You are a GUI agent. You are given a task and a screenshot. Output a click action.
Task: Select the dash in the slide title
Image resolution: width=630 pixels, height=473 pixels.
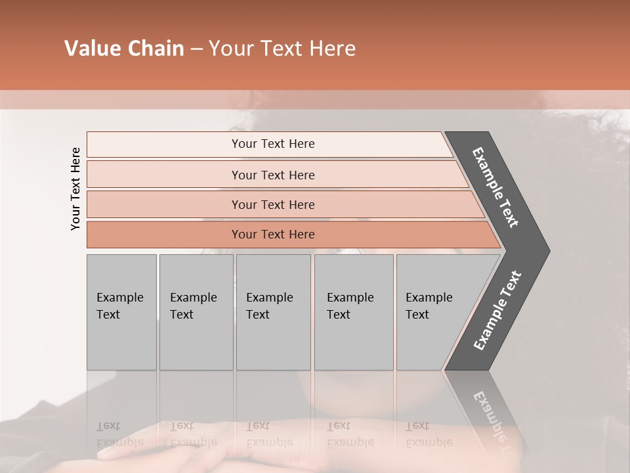coord(196,49)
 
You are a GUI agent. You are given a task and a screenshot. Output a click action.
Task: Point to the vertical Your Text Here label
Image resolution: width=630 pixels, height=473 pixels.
coord(75,189)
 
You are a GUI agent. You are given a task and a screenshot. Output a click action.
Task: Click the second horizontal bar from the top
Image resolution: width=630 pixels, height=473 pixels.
coord(272,175)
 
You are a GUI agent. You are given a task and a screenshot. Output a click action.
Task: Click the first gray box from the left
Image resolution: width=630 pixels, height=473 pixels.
coord(121,311)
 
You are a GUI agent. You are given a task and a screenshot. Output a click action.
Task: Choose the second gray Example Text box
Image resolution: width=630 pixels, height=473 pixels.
coord(196,311)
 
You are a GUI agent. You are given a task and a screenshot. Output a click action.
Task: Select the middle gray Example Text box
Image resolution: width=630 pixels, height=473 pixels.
coord(273,311)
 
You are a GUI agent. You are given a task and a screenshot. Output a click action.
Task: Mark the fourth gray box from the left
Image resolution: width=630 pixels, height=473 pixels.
coord(354,311)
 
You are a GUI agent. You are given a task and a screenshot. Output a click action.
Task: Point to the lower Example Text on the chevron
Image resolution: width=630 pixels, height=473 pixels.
coord(497,310)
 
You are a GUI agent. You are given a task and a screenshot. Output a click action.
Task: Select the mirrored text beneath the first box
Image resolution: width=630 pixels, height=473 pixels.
coord(119,434)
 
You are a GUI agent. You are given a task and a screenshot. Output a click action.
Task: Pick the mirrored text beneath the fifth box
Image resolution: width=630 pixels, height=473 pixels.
coord(429,434)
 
